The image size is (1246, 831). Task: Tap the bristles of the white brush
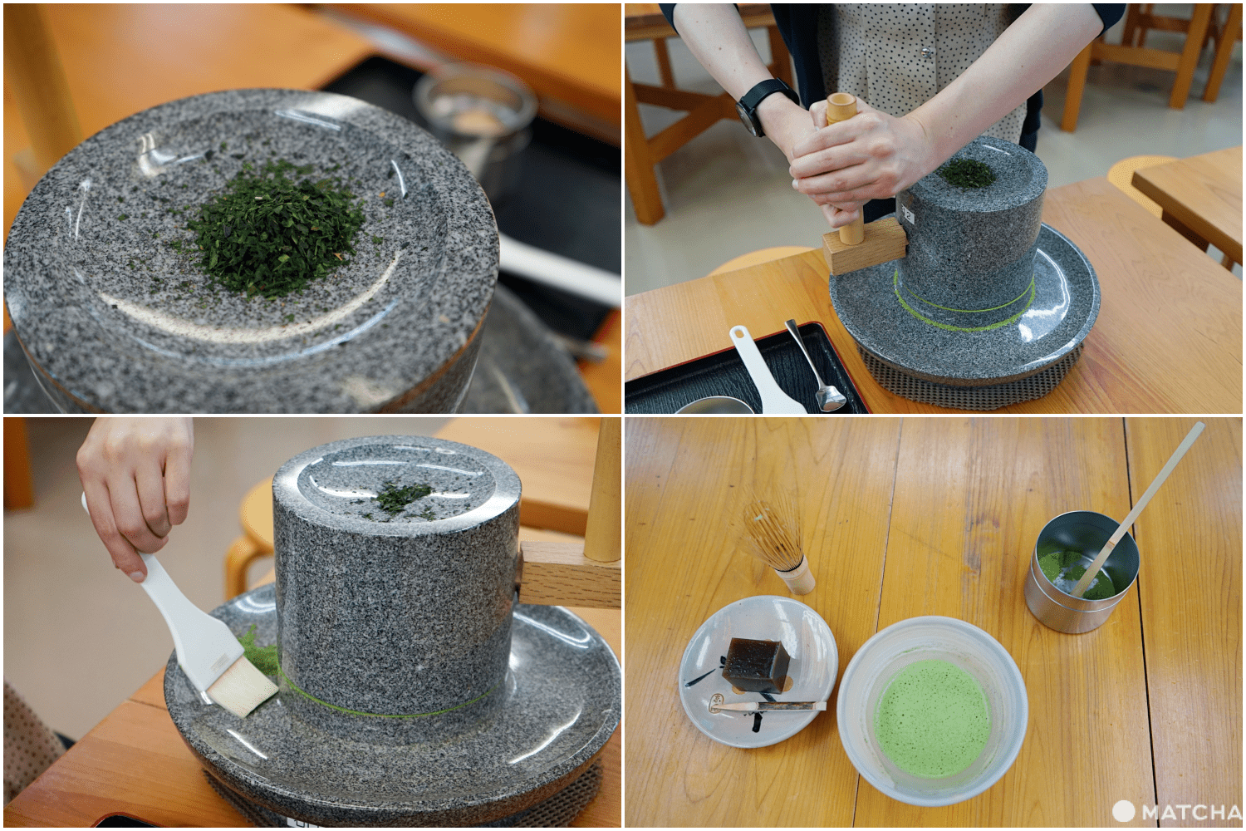pyautogui.click(x=242, y=687)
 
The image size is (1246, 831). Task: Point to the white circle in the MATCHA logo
pyautogui.click(x=1123, y=811)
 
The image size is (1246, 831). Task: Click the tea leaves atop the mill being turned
pyautogui.click(x=967, y=174)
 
